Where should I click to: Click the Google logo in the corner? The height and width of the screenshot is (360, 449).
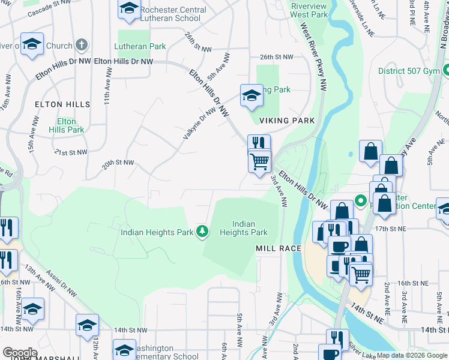(20, 353)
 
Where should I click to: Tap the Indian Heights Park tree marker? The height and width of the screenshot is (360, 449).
(203, 231)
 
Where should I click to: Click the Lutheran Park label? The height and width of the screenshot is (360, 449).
(141, 46)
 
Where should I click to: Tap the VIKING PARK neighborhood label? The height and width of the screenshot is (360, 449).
(287, 121)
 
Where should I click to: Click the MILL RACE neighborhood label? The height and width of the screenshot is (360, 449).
(277, 248)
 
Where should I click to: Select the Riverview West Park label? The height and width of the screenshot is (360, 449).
(309, 10)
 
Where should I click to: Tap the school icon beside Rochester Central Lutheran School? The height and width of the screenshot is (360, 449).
(128, 9)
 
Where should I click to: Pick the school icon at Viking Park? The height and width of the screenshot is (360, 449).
(252, 95)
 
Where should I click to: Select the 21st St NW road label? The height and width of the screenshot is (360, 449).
(71, 152)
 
